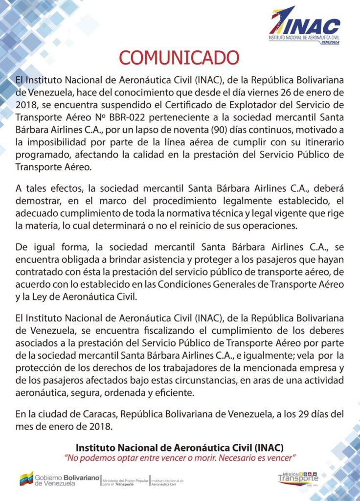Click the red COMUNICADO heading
coord(179,57)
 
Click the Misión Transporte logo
coord(298,478)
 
